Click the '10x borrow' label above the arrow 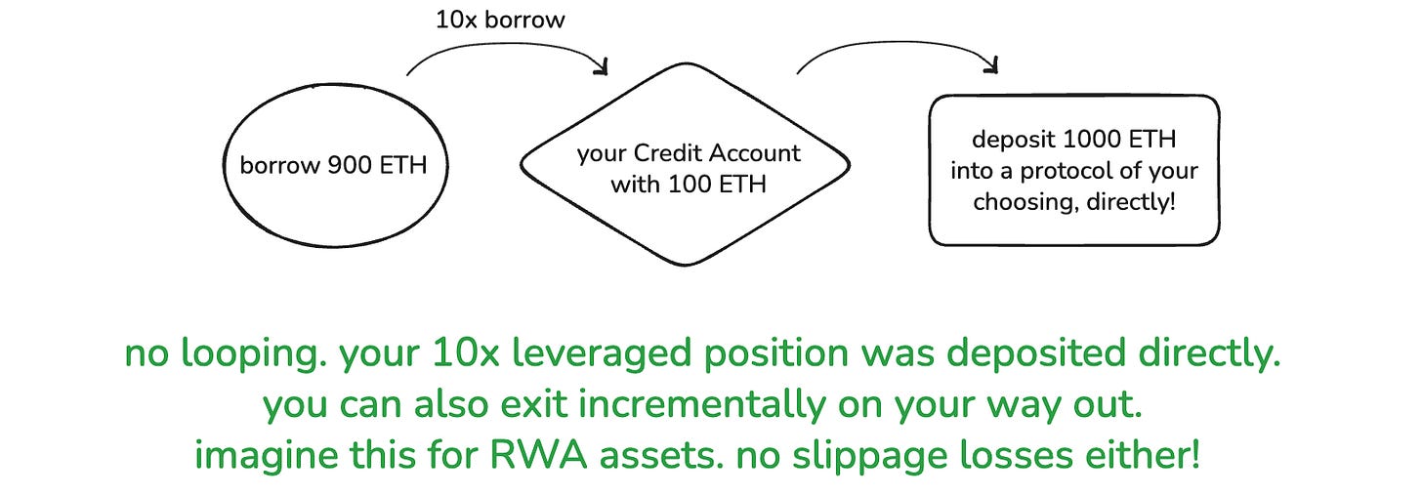click(500, 20)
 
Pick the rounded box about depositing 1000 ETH click(1073, 170)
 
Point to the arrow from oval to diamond click(508, 55)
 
